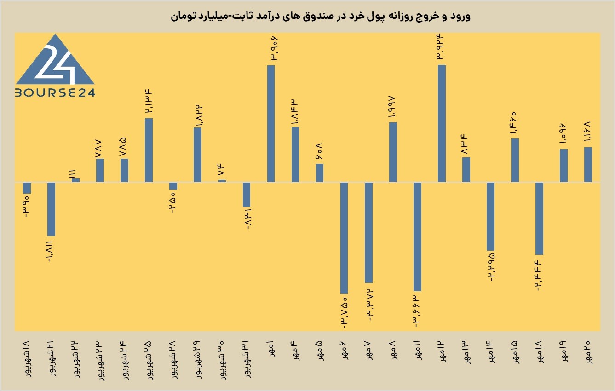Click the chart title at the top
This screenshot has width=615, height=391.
[x=321, y=16]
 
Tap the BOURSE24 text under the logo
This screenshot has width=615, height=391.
[x=55, y=92]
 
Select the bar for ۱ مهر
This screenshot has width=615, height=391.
[x=271, y=124]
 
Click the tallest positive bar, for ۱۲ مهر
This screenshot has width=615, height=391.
[x=442, y=123]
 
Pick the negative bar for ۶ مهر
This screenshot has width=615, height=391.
[x=344, y=238]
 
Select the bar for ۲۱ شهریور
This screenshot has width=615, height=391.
[x=52, y=209]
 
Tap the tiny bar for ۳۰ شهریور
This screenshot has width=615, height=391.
[x=222, y=181]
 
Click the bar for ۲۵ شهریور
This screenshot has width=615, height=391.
[x=149, y=150]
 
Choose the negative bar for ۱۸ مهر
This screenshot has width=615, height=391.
[x=539, y=218]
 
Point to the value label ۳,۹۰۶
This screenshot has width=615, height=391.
[x=275, y=49]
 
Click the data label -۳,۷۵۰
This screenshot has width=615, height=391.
[x=345, y=313]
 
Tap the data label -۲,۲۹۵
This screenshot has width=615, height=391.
[x=491, y=267]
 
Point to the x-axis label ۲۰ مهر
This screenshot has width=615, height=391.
[x=588, y=352]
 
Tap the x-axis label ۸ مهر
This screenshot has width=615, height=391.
[x=393, y=350]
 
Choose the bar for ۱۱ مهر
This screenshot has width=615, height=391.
[x=417, y=237]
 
